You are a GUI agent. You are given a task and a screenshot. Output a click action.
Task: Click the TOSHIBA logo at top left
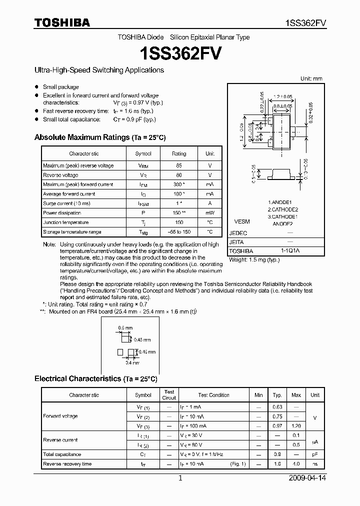(62, 23)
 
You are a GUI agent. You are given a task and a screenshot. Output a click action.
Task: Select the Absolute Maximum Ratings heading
(99, 137)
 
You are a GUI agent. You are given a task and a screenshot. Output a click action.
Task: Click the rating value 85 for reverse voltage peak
(179, 165)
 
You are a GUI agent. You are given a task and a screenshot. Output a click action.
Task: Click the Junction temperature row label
(65, 222)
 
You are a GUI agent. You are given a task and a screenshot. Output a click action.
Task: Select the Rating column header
(179, 154)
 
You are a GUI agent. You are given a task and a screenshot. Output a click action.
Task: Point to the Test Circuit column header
(169, 395)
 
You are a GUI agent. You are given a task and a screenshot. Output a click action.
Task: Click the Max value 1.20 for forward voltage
(296, 426)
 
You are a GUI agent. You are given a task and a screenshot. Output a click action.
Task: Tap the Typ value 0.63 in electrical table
(277, 407)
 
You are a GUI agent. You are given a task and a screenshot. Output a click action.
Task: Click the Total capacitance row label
(62, 454)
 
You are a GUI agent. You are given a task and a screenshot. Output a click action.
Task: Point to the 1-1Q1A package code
(289, 251)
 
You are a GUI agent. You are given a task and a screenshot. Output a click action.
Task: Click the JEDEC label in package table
(238, 233)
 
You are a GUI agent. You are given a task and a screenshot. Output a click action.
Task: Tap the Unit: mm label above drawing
(311, 79)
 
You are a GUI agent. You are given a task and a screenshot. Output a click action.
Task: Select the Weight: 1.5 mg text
(254, 260)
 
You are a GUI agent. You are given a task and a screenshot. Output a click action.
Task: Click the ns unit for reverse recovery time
(314, 464)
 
